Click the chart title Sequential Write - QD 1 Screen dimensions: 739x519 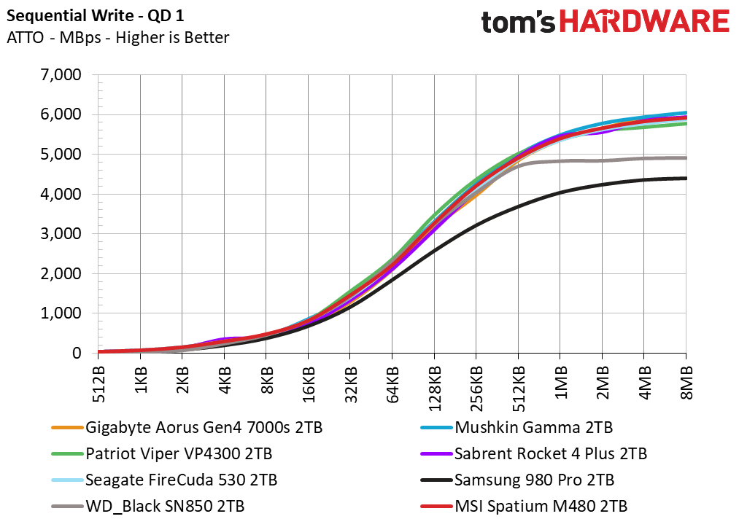96,16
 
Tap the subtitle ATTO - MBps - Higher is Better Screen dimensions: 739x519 118,38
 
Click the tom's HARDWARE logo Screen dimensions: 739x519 605,22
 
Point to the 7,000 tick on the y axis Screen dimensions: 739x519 61,75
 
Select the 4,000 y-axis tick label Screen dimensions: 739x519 61,194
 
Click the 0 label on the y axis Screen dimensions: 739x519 77,353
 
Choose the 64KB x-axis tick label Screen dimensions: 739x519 392,385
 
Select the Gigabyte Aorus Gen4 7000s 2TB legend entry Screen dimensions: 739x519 187,428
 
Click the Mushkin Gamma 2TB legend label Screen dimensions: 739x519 516,428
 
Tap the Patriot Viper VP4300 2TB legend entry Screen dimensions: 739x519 162,454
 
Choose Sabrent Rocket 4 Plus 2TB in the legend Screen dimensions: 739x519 533,454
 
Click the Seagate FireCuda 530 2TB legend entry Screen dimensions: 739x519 164,480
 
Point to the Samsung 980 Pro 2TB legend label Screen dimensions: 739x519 517,480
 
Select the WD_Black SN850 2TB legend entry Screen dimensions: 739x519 148,507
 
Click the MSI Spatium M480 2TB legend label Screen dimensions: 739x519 524,507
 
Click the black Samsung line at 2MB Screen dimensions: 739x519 602,185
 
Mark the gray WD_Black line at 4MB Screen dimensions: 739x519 643,159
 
